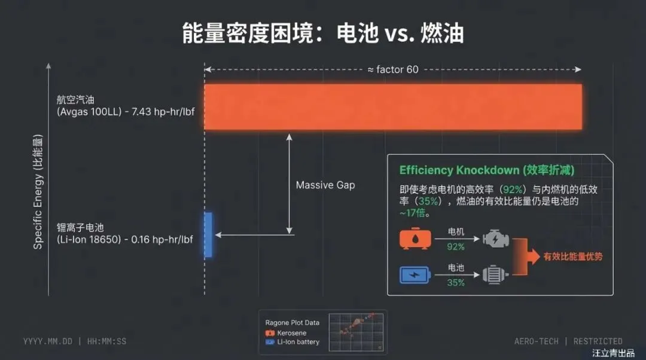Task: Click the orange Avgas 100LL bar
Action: tap(393, 106)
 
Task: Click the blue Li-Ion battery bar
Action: tap(208, 234)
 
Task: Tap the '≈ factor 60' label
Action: tap(393, 69)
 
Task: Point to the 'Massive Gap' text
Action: tap(325, 185)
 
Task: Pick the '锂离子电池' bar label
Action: tap(80, 228)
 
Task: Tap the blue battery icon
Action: tap(415, 275)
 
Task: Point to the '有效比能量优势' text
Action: tap(572, 257)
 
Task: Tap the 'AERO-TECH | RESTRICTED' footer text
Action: tap(568, 341)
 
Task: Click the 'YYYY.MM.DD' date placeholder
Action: tap(48, 341)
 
